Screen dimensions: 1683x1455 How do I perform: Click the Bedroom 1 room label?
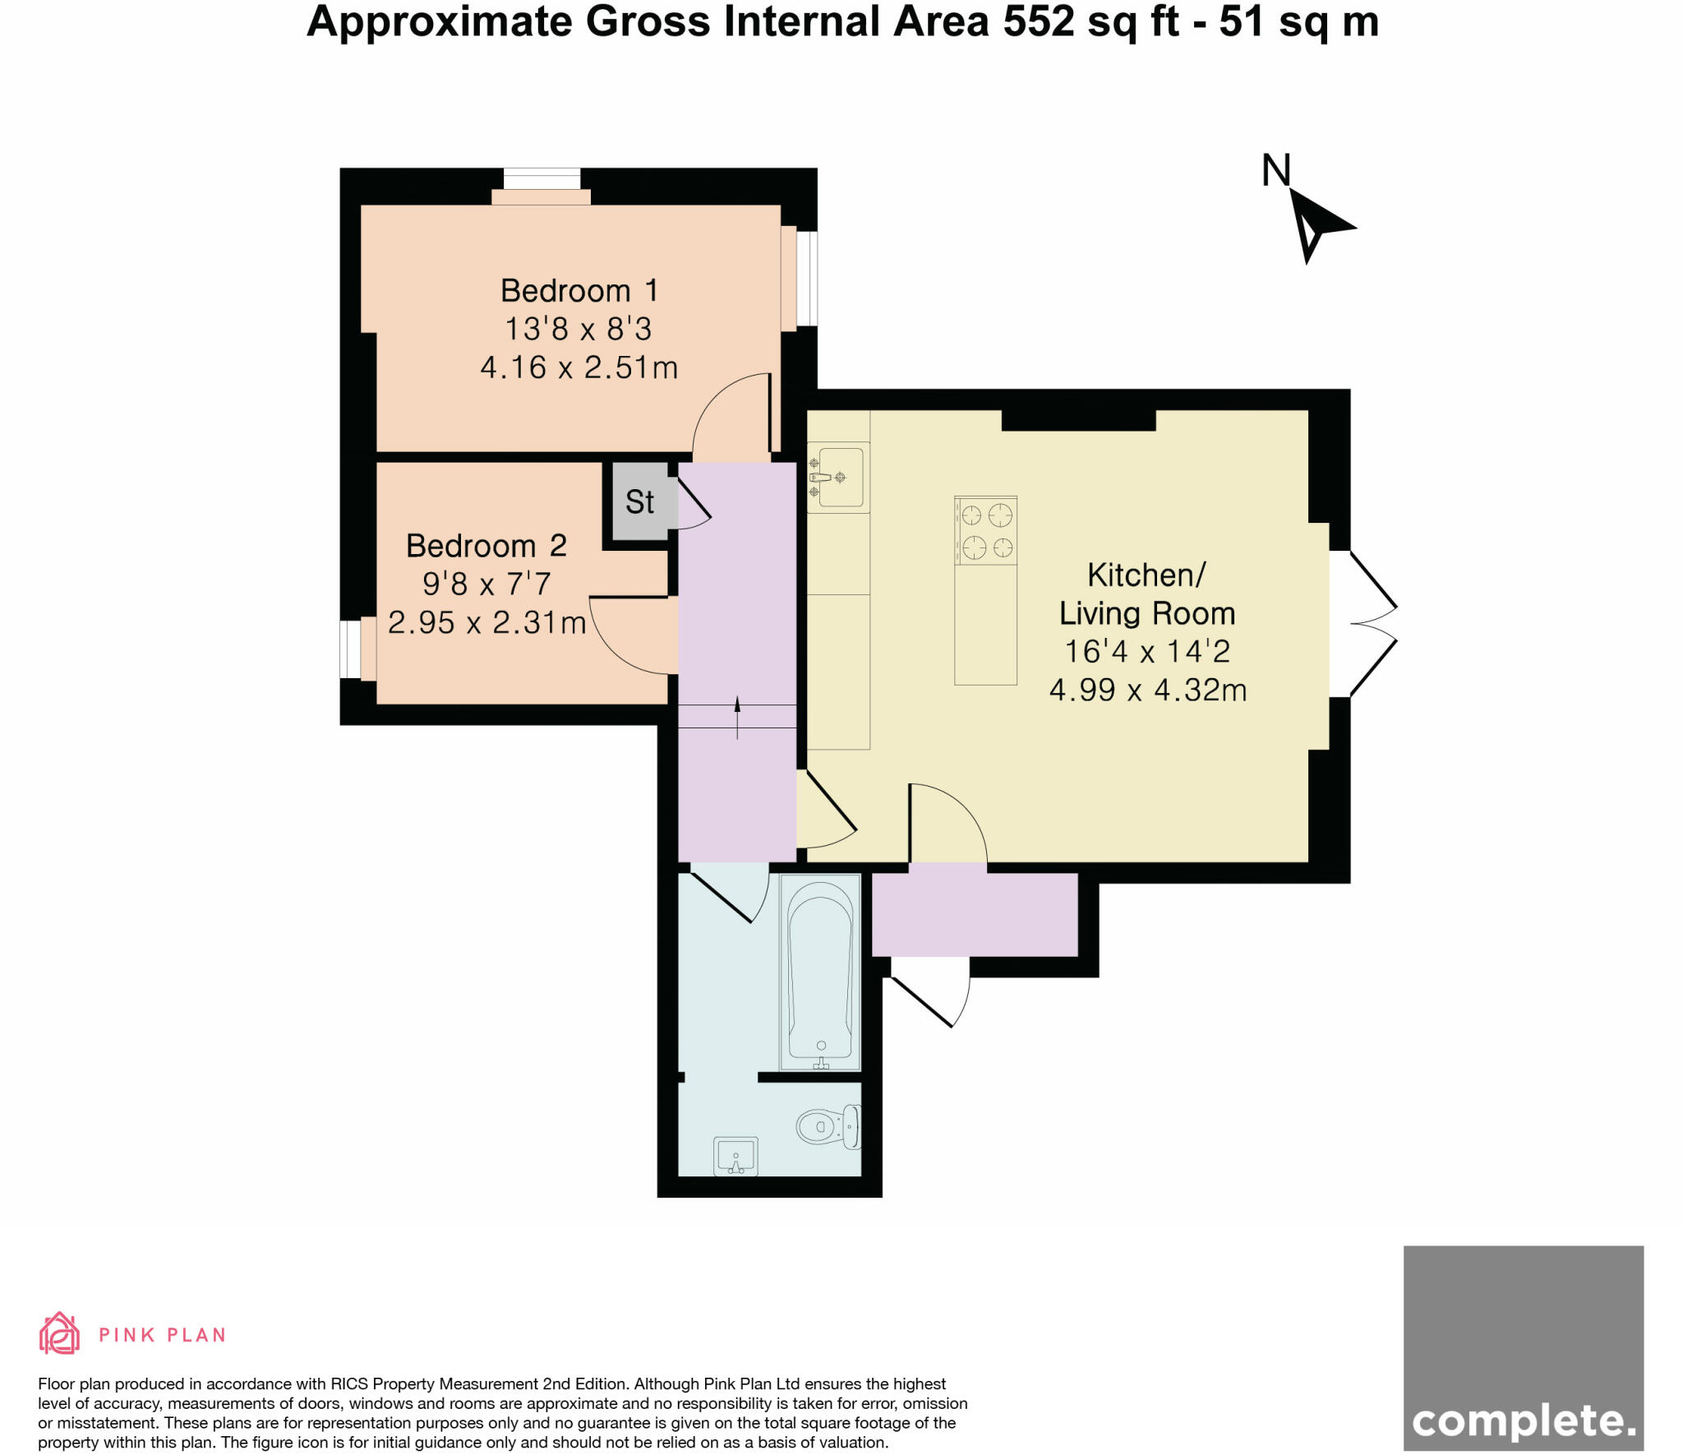579,290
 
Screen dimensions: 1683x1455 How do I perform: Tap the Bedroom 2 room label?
486,545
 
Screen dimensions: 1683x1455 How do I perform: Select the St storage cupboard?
640,501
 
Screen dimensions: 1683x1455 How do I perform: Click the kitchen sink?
837,477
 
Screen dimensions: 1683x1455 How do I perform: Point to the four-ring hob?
986,530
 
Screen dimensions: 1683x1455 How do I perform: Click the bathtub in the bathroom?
820,972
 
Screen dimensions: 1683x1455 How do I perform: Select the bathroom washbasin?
735,1157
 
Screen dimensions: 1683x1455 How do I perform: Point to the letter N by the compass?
1276,170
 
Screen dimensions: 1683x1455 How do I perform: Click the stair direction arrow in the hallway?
737,717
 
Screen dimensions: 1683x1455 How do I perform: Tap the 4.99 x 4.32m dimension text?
1148,690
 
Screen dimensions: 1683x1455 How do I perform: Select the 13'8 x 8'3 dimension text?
579,329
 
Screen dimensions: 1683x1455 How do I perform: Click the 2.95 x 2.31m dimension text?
486,622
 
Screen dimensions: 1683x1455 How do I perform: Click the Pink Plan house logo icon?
59,1333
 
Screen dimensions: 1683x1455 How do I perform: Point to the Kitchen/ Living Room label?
1147,594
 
